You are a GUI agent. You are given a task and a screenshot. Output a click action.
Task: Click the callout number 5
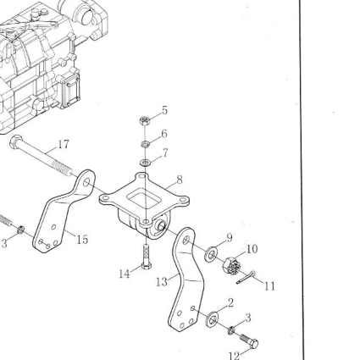tap(164, 110)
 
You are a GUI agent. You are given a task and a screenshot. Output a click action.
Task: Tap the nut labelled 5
tap(145, 121)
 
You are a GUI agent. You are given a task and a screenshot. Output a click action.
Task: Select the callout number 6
tap(164, 134)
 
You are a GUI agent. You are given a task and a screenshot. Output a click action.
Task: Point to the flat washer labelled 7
tap(145, 163)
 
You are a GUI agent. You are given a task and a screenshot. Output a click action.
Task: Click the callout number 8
tap(180, 180)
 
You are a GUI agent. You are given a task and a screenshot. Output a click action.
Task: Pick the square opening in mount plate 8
tap(144, 199)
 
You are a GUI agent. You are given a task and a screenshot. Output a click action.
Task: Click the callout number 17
tap(64, 144)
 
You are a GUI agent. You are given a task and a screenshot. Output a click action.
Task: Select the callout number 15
tap(82, 240)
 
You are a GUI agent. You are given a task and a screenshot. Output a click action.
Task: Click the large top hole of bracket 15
tap(86, 182)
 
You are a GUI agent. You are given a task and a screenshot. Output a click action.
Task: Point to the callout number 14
tap(125, 274)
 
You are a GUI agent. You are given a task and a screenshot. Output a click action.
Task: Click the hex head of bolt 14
tap(147, 266)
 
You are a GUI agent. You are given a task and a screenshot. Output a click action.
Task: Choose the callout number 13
tap(162, 281)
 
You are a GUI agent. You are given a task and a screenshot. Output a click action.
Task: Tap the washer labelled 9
tap(211, 254)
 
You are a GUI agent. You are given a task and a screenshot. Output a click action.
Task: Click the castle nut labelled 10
tap(230, 266)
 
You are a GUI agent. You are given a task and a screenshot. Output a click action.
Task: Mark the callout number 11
tap(269, 286)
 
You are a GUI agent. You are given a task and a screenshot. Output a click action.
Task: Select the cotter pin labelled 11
tap(246, 277)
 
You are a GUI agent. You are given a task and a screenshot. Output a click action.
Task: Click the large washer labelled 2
tap(213, 319)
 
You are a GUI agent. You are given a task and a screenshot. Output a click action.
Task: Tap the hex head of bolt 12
tap(253, 344)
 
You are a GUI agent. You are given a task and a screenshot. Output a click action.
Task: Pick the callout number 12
tap(234, 356)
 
